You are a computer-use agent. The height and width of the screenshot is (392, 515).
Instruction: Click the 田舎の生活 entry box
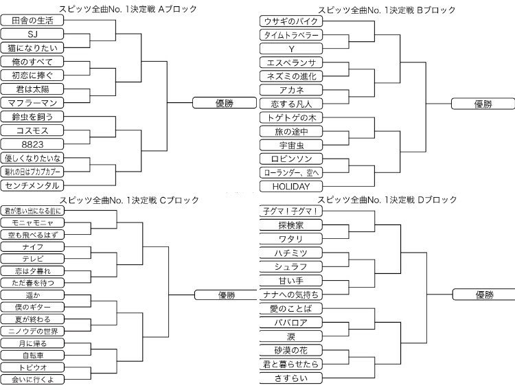coord(33,21)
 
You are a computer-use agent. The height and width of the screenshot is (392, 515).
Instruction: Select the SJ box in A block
coord(33,34)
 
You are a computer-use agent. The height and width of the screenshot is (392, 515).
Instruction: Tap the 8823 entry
coord(33,144)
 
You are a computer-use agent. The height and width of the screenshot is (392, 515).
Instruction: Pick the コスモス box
coord(33,130)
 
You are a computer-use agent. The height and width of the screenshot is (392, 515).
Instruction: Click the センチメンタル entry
coord(33,185)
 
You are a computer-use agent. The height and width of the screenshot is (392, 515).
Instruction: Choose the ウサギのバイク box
coord(291,21)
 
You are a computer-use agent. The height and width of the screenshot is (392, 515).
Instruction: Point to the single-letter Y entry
coord(291,49)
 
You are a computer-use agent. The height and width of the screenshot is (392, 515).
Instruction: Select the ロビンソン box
coord(291,159)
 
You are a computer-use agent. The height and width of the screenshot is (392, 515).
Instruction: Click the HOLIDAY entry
coord(291,186)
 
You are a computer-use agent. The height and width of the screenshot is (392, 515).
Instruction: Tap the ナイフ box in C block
coord(33,246)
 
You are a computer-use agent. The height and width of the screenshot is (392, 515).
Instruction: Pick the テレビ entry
coord(33,258)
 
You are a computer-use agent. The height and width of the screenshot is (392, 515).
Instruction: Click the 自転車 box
coord(33,355)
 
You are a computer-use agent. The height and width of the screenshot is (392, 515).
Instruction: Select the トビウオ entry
coord(33,367)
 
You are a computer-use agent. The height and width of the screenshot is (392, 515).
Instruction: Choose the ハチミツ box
coord(291,253)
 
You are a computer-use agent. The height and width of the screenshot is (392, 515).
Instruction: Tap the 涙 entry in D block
coord(291,336)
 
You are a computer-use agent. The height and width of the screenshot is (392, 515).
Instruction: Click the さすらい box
coord(291,378)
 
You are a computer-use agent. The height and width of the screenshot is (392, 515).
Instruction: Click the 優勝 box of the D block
coord(483,295)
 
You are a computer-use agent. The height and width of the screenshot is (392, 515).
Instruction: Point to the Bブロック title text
coord(387,9)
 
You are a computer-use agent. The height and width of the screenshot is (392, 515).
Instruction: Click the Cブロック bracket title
coord(128,200)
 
